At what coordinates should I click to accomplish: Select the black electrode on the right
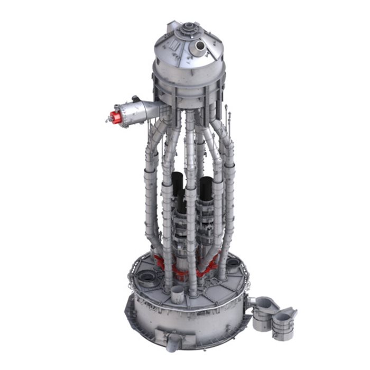coord(206,190)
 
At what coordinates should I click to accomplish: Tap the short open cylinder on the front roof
coord(178,294)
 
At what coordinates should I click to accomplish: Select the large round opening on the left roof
coord(145,277)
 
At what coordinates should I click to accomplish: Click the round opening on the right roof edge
coord(233,262)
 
